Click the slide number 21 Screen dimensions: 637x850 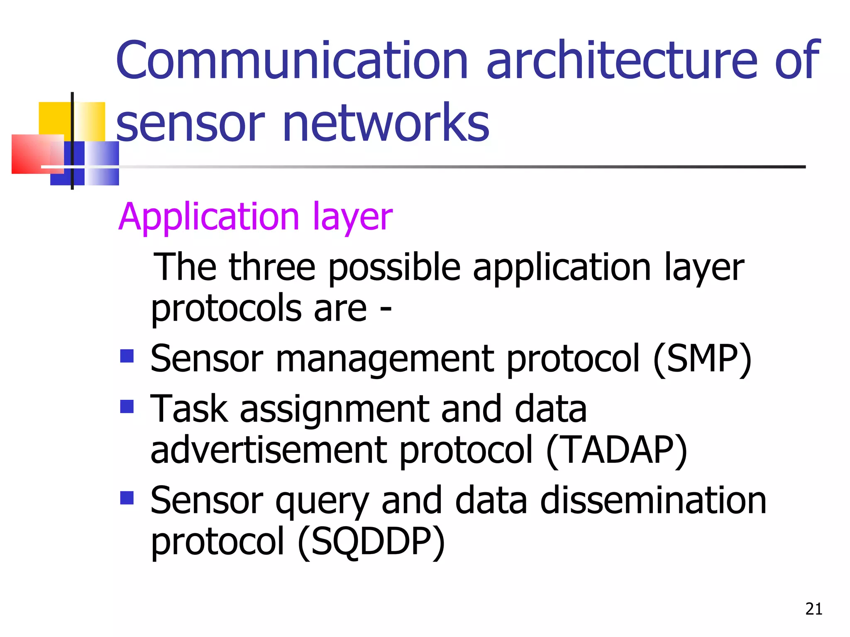tap(813, 609)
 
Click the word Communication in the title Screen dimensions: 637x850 tap(292, 60)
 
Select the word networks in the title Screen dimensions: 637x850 tap(386, 123)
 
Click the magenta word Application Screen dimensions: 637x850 tap(209, 217)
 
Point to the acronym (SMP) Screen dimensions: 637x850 tap(702, 359)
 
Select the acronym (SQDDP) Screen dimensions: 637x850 tap(371, 542)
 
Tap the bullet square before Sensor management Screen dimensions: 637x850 tap(127, 356)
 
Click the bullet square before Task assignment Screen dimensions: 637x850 tap(127, 406)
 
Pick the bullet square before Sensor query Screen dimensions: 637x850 tap(127, 498)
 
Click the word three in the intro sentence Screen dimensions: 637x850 tap(272, 267)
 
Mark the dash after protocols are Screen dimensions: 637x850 tap(386, 309)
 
